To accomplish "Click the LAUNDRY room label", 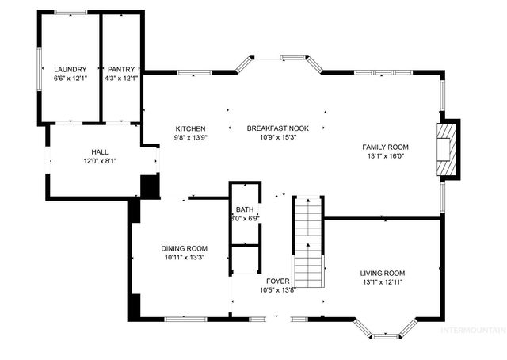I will [69, 69].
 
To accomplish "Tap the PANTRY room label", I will [121, 69].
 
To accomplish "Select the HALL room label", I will [99, 151].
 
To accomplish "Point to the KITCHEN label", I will [190, 128].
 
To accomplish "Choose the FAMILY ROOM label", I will [385, 147].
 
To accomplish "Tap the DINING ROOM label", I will [184, 248].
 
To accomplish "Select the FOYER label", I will [277, 281].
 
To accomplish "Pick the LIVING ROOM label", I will [383, 274].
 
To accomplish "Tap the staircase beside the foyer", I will [308, 242].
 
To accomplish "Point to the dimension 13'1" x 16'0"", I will [385, 156].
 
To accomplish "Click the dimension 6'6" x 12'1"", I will [69, 78].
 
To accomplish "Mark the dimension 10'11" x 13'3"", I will [184, 257].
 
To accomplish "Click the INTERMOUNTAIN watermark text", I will [473, 329].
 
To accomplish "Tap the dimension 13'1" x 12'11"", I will [383, 282].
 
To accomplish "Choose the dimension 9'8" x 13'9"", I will [190, 137].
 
